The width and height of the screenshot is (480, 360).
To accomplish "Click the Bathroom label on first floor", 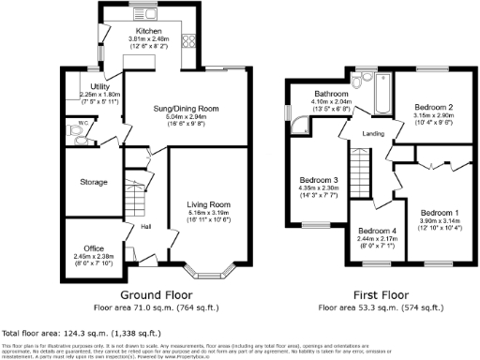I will [332, 95].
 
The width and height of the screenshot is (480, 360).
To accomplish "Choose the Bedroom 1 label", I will [440, 213].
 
